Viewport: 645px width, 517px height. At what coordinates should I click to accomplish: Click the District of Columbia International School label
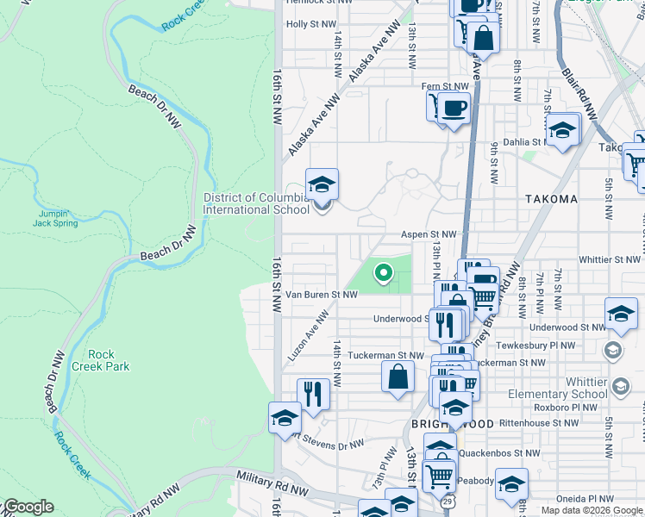(256, 203)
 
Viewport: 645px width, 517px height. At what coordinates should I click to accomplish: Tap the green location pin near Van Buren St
(383, 274)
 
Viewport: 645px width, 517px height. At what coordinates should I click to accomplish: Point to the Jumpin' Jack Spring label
(58, 218)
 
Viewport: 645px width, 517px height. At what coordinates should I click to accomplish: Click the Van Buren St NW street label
(322, 295)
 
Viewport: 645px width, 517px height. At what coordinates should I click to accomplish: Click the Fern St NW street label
(445, 86)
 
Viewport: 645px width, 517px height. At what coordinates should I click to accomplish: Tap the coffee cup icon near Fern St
(454, 109)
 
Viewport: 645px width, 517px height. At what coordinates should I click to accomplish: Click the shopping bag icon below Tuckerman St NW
(398, 377)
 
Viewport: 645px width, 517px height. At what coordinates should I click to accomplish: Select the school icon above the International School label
(322, 184)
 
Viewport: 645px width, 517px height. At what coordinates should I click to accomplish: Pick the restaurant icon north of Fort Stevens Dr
(313, 394)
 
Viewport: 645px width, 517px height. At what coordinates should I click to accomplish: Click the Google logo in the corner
(28, 507)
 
